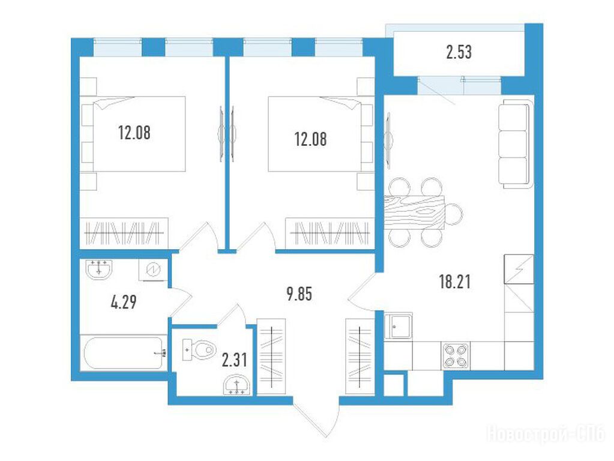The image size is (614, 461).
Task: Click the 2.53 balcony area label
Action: [x=459, y=52]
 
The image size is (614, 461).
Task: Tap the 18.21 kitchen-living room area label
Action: [x=454, y=282]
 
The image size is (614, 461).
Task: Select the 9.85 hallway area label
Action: [x=299, y=294]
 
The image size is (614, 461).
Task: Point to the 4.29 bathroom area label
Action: [x=124, y=303]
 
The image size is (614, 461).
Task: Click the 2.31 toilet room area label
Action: [x=234, y=360]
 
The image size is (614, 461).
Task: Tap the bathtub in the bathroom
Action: [x=124, y=353]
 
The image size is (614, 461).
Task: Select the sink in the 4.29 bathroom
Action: [x=99, y=269]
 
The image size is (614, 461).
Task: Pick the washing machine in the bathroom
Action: [x=153, y=270]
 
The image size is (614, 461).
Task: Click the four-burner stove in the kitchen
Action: [x=456, y=355]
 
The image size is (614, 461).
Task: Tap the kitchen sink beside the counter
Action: [x=399, y=327]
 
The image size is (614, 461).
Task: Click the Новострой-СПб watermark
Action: [x=546, y=435]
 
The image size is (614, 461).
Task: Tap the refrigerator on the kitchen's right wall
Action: [x=519, y=269]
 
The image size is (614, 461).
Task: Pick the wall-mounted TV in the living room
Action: [x=388, y=140]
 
